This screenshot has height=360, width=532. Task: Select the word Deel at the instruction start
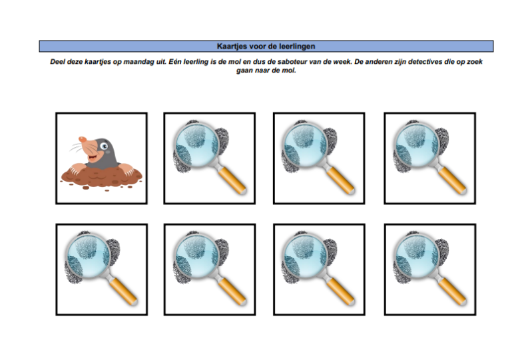coord(57,62)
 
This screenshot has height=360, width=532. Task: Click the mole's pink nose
coord(82,139)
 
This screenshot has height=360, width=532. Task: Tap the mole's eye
coord(104,146)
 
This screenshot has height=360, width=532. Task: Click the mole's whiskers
coord(76,148)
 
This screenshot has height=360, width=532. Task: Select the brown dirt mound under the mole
coord(101,178)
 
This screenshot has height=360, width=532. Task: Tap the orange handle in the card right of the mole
coord(232,180)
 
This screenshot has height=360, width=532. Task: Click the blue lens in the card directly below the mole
coord(88,256)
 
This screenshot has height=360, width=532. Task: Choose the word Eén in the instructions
coord(174,62)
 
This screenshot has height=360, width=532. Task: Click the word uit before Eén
coord(161,62)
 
